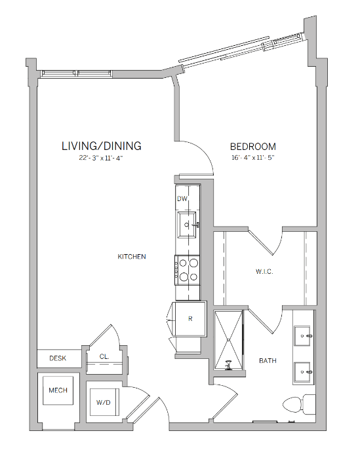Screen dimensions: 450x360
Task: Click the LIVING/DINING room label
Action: pyautogui.click(x=101, y=145)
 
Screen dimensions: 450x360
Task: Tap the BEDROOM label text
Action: pyautogui.click(x=252, y=147)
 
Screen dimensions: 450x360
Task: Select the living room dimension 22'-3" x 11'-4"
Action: pyautogui.click(x=101, y=158)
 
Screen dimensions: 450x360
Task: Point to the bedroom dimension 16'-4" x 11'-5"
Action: pyautogui.click(x=252, y=158)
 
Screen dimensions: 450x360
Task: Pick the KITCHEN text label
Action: pyautogui.click(x=131, y=257)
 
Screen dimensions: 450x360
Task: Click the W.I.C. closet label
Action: pyautogui.click(x=264, y=271)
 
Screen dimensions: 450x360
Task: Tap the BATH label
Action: pyautogui.click(x=267, y=360)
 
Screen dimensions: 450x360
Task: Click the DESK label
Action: pyautogui.click(x=57, y=358)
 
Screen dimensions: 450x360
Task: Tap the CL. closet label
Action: pyautogui.click(x=104, y=357)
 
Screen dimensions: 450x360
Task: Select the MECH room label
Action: pyautogui.click(x=57, y=391)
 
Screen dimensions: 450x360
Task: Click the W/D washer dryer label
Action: pyautogui.click(x=103, y=402)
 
